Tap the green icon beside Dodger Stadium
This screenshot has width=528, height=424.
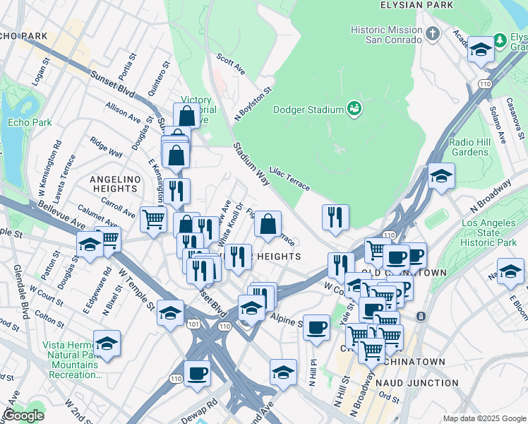[x=354, y=109]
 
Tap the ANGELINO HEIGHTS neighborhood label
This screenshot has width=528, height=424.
[x=114, y=184]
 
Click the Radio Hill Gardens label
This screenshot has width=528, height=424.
[x=469, y=147]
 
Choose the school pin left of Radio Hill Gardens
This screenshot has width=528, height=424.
[x=441, y=176]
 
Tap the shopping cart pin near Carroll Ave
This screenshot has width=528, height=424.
[x=153, y=218]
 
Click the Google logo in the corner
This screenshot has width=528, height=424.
[x=23, y=416]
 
